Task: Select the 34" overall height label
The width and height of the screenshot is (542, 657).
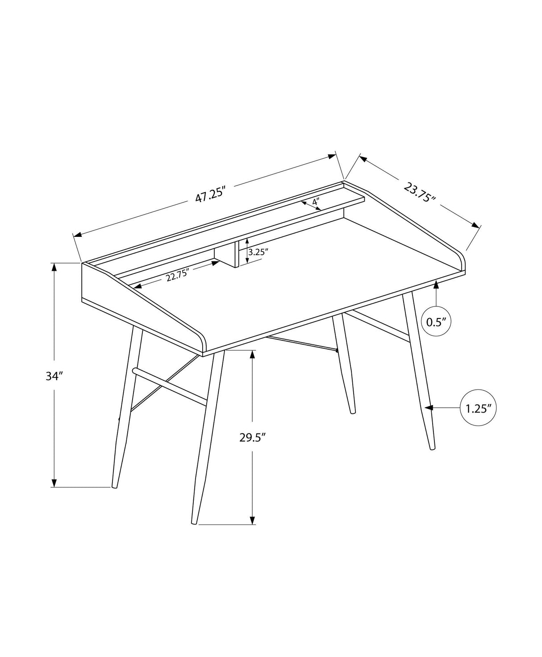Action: pyautogui.click(x=53, y=376)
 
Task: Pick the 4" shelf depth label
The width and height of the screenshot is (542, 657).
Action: pyautogui.click(x=316, y=202)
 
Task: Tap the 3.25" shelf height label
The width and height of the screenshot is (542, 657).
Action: pyautogui.click(x=258, y=252)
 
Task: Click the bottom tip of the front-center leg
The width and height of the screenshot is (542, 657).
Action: pyautogui.click(x=195, y=522)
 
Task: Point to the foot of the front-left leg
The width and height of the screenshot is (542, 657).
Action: pyautogui.click(x=115, y=486)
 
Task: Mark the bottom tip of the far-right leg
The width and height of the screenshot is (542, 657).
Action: pyautogui.click(x=432, y=447)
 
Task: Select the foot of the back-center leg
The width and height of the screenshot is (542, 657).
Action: pyautogui.click(x=353, y=411)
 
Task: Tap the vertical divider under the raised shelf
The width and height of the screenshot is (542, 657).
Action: pyautogui.click(x=236, y=253)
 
